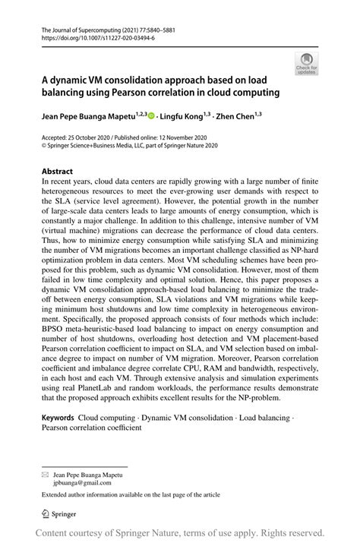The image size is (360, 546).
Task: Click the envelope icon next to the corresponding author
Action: click(45, 475)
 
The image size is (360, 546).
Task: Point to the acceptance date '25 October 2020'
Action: click(94, 137)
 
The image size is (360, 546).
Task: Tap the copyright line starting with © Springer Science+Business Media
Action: click(129, 146)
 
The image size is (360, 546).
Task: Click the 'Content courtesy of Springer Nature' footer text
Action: click(181, 533)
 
